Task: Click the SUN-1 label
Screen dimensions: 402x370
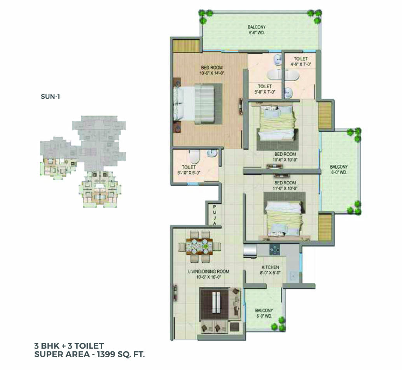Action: click(50, 97)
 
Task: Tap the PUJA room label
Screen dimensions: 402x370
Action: click(215, 215)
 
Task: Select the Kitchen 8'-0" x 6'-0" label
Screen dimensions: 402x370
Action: click(270, 270)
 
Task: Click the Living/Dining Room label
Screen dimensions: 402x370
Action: click(209, 274)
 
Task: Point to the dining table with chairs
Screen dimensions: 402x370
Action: click(199, 246)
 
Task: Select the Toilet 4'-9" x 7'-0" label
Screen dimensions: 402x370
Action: click(301, 61)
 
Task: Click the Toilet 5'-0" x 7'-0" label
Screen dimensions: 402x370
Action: click(265, 89)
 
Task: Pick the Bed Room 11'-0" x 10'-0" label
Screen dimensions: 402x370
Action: click(285, 185)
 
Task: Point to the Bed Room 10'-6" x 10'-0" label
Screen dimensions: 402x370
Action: click(285, 157)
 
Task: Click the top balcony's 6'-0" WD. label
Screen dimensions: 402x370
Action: click(257, 33)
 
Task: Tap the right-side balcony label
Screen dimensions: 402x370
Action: click(339, 169)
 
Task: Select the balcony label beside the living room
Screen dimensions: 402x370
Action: click(264, 313)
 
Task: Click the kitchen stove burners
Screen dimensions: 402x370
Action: click(274, 250)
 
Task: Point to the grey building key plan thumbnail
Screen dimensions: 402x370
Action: click(83, 161)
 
